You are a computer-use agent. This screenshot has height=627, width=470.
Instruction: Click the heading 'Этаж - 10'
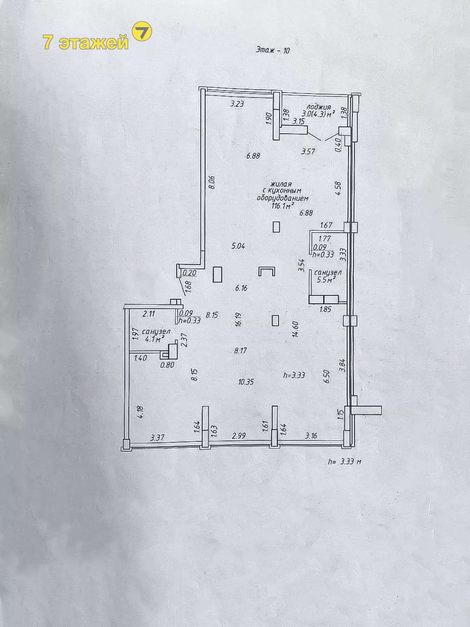[x=273, y=50]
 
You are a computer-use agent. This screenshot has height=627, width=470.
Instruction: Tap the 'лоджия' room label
[x=319, y=107]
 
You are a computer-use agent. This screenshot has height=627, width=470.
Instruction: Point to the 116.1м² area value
[x=283, y=206]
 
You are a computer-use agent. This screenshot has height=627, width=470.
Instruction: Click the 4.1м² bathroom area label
[x=155, y=339]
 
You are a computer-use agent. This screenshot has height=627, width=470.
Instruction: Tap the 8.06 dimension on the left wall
[x=212, y=182]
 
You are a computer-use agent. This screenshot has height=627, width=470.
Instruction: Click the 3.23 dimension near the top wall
[x=237, y=104]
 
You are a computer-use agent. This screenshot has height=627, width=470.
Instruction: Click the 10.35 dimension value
[x=246, y=382]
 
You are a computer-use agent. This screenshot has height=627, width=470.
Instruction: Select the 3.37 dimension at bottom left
[x=157, y=438]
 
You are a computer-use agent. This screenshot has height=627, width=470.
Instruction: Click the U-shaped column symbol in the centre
[x=267, y=271]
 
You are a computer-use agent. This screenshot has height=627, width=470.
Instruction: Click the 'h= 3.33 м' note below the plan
[x=345, y=462]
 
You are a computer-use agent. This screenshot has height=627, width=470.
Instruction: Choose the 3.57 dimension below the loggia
[x=308, y=152]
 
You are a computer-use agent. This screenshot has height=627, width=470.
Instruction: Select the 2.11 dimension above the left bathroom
[x=149, y=314]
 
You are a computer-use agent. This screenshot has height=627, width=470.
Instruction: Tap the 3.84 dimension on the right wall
[x=342, y=365]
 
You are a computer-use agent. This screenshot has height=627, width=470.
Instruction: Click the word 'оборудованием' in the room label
[x=283, y=198]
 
